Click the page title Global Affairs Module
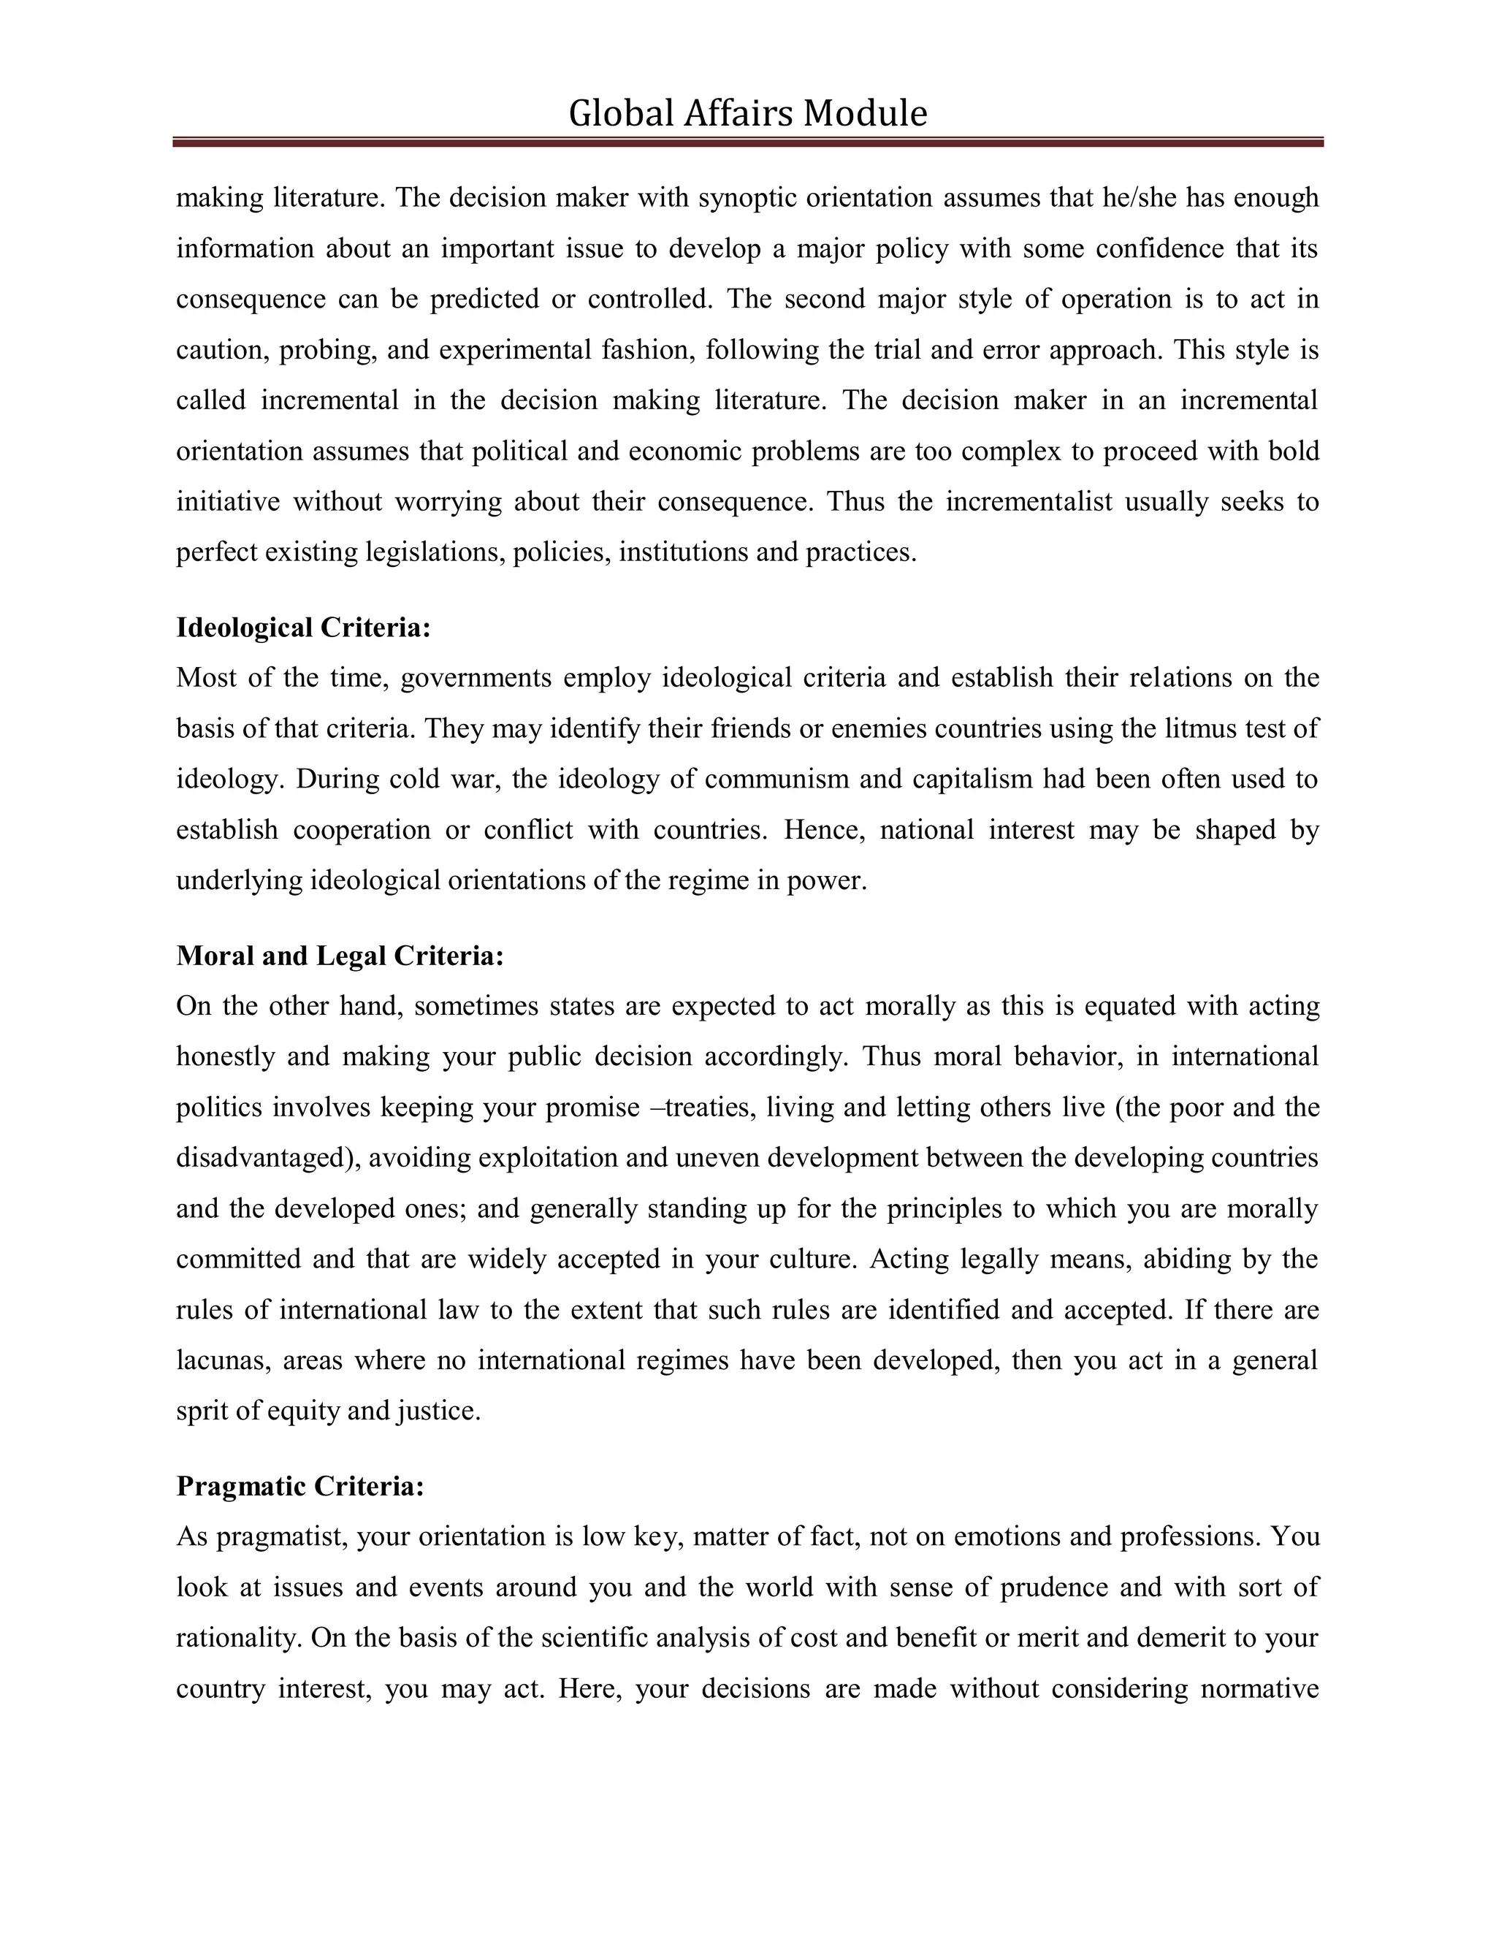(747, 113)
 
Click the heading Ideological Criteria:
(303, 628)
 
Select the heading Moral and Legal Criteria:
(340, 956)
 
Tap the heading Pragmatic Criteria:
(299, 1486)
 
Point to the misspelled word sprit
(200, 1411)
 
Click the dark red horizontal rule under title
(747, 142)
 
